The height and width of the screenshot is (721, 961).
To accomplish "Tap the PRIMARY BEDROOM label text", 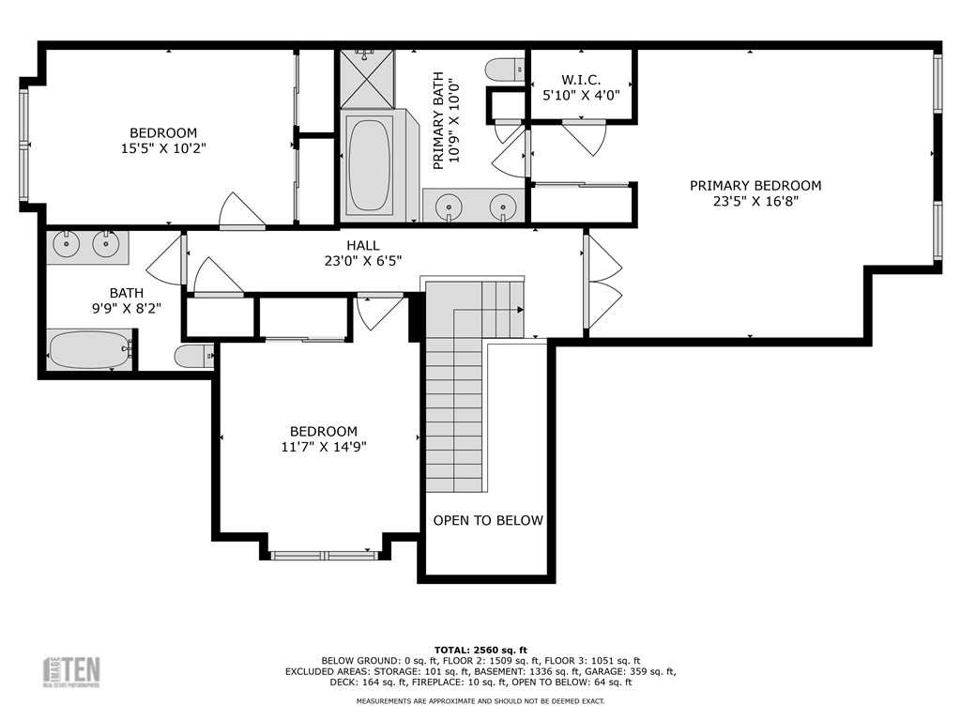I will tap(755, 186).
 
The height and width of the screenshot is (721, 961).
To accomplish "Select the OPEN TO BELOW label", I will tap(488, 520).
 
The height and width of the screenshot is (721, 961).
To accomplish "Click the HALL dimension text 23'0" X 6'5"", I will tap(362, 262).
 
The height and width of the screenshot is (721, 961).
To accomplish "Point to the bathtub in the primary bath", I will tap(368, 165).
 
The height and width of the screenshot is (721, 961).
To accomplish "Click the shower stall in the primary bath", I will tap(367, 79).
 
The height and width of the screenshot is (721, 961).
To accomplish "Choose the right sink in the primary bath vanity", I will tap(504, 205).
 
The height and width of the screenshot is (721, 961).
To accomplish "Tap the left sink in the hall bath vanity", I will tap(67, 245).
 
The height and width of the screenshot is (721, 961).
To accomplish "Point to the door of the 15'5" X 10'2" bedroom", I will tap(241, 211).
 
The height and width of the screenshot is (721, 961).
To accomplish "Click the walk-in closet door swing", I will tap(586, 137).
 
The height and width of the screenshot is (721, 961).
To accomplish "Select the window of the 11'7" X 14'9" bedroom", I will tap(325, 556).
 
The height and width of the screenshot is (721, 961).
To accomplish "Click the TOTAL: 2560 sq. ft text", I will tap(480, 650).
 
